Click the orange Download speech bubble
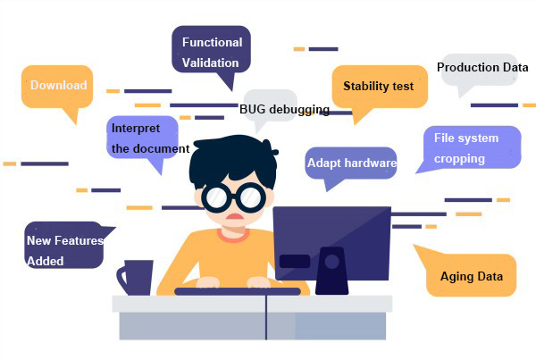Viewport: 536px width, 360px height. click(57, 88)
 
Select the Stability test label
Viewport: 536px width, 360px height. click(379, 86)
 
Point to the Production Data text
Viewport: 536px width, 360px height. click(482, 67)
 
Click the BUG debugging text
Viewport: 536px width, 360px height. click(284, 109)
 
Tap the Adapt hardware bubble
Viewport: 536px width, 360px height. click(351, 163)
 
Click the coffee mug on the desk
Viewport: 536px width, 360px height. click(136, 278)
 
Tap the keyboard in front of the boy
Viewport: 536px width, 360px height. click(238, 291)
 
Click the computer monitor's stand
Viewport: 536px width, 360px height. click(331, 271)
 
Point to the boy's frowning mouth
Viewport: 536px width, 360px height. click(234, 216)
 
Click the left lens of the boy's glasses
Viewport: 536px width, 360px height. click(216, 197)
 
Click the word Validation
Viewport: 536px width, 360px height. click(210, 63)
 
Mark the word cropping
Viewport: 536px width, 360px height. click(459, 159)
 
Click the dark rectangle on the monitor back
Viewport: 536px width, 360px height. click(295, 261)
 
